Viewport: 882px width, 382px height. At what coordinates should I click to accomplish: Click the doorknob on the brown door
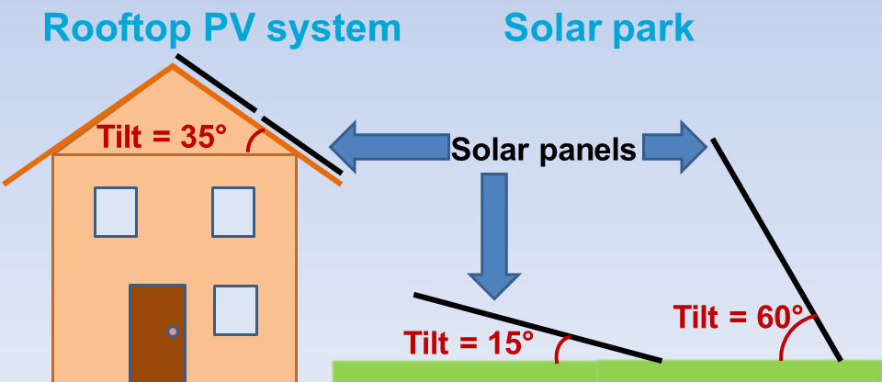click(x=173, y=331)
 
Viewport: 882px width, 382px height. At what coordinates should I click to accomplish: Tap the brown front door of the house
click(x=157, y=333)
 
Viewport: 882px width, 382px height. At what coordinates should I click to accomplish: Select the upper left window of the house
click(x=116, y=212)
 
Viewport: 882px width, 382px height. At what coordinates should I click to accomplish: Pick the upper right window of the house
click(x=233, y=212)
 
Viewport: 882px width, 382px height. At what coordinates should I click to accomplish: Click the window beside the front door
click(x=236, y=310)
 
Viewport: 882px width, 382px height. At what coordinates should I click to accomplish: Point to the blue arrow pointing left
click(x=390, y=147)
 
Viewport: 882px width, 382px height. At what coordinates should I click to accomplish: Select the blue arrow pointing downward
click(x=494, y=236)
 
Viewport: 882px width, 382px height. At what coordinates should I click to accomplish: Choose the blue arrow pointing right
click(x=674, y=147)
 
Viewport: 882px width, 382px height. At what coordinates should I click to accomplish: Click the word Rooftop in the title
click(x=117, y=29)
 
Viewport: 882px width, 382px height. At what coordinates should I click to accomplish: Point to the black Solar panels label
click(x=543, y=151)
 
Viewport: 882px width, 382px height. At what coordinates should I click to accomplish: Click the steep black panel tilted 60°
click(x=777, y=249)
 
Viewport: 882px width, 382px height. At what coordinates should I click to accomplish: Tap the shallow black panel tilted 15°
click(x=537, y=328)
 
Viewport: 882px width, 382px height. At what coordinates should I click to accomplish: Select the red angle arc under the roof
click(x=254, y=139)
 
